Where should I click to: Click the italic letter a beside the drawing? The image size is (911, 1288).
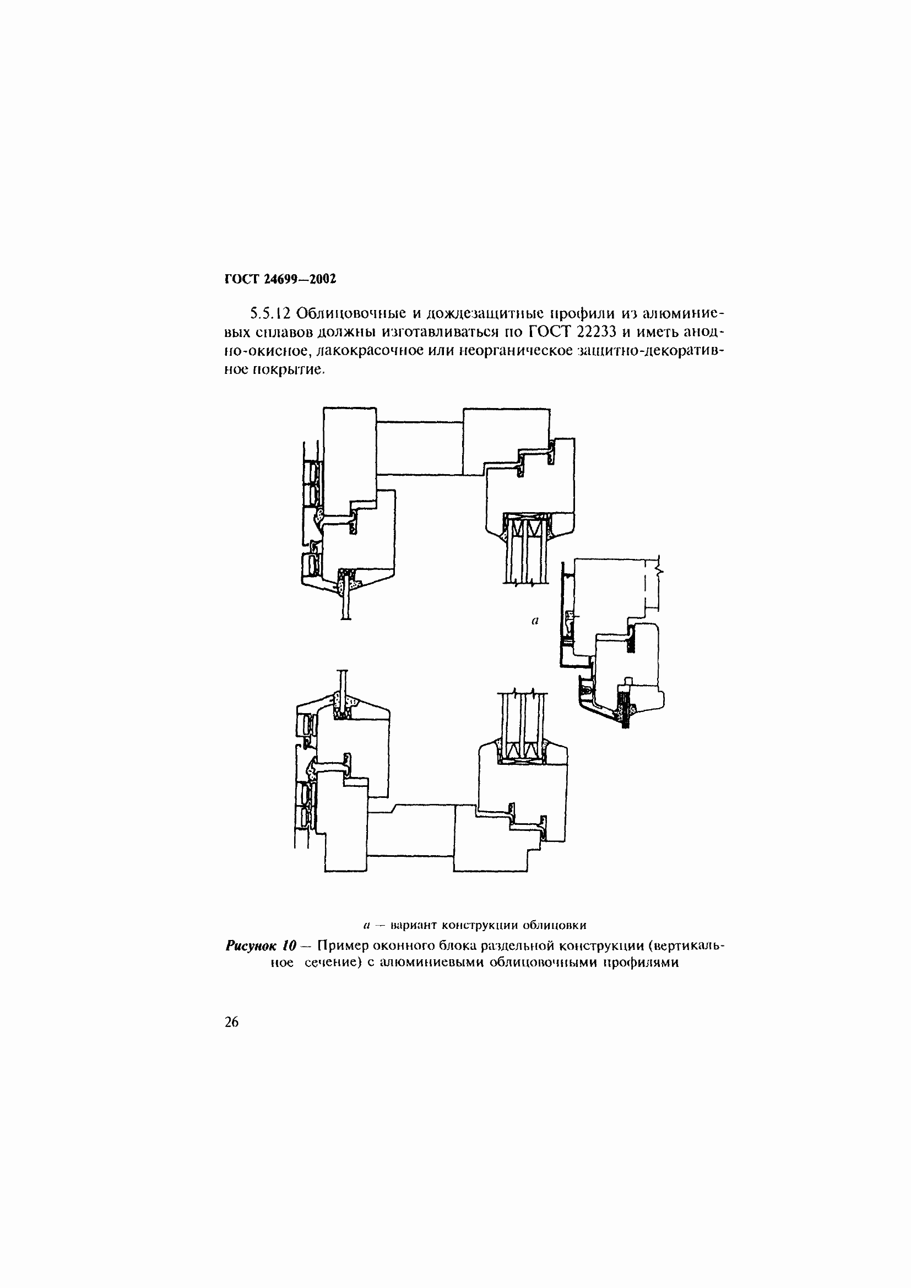[x=535, y=621]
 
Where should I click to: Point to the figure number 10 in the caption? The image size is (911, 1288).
[x=289, y=946]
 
